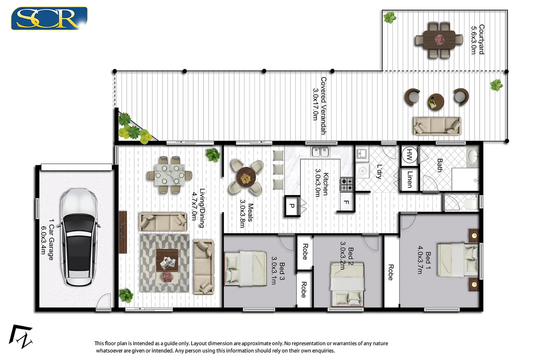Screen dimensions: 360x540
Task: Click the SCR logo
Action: click(x=49, y=18)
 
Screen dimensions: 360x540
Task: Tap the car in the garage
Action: click(x=79, y=237)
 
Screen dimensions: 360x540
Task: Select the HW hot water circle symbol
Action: click(x=409, y=155)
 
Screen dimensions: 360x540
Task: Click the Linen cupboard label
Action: click(x=410, y=179)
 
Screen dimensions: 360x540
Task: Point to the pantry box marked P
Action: click(x=292, y=206)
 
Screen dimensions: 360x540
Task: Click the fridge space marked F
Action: click(x=346, y=202)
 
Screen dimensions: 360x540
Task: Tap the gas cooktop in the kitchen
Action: click(x=347, y=184)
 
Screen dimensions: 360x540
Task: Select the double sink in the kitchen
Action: click(x=320, y=152)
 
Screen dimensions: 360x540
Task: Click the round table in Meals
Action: click(x=246, y=178)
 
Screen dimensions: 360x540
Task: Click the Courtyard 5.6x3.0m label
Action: click(x=477, y=39)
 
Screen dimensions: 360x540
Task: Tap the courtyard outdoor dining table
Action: click(x=439, y=40)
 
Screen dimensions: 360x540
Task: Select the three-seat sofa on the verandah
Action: click(x=437, y=126)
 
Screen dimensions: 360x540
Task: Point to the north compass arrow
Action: click(x=21, y=337)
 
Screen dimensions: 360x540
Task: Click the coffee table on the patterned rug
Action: click(x=167, y=260)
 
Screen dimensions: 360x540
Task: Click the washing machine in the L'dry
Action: click(x=362, y=171)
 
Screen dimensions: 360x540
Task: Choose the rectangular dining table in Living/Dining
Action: click(x=169, y=174)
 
